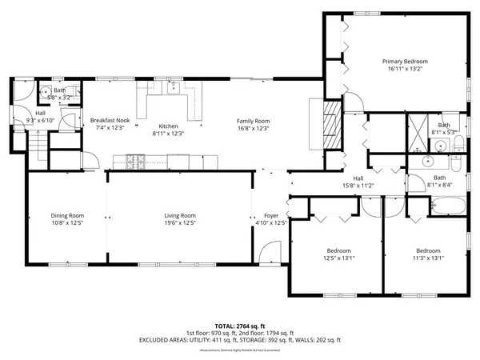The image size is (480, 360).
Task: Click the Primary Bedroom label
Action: (x=404, y=66)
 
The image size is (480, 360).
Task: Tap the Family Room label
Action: (x=252, y=124)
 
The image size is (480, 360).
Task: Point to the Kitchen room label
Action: (x=168, y=130)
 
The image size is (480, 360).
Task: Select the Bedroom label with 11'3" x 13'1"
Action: (x=427, y=254)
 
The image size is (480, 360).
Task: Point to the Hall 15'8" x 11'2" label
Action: (x=358, y=182)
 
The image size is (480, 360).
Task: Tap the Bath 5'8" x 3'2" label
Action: (x=61, y=93)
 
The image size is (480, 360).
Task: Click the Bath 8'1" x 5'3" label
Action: (x=443, y=129)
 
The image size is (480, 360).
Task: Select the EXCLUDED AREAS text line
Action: (x=239, y=340)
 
